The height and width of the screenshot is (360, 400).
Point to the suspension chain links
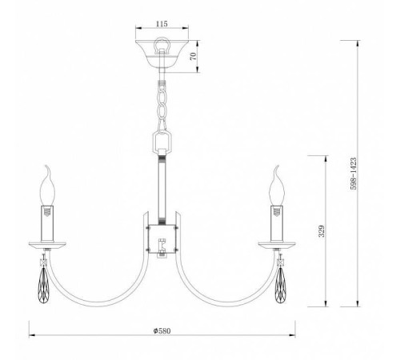tap(162, 105)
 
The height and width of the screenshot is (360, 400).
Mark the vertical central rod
tap(162, 188)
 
